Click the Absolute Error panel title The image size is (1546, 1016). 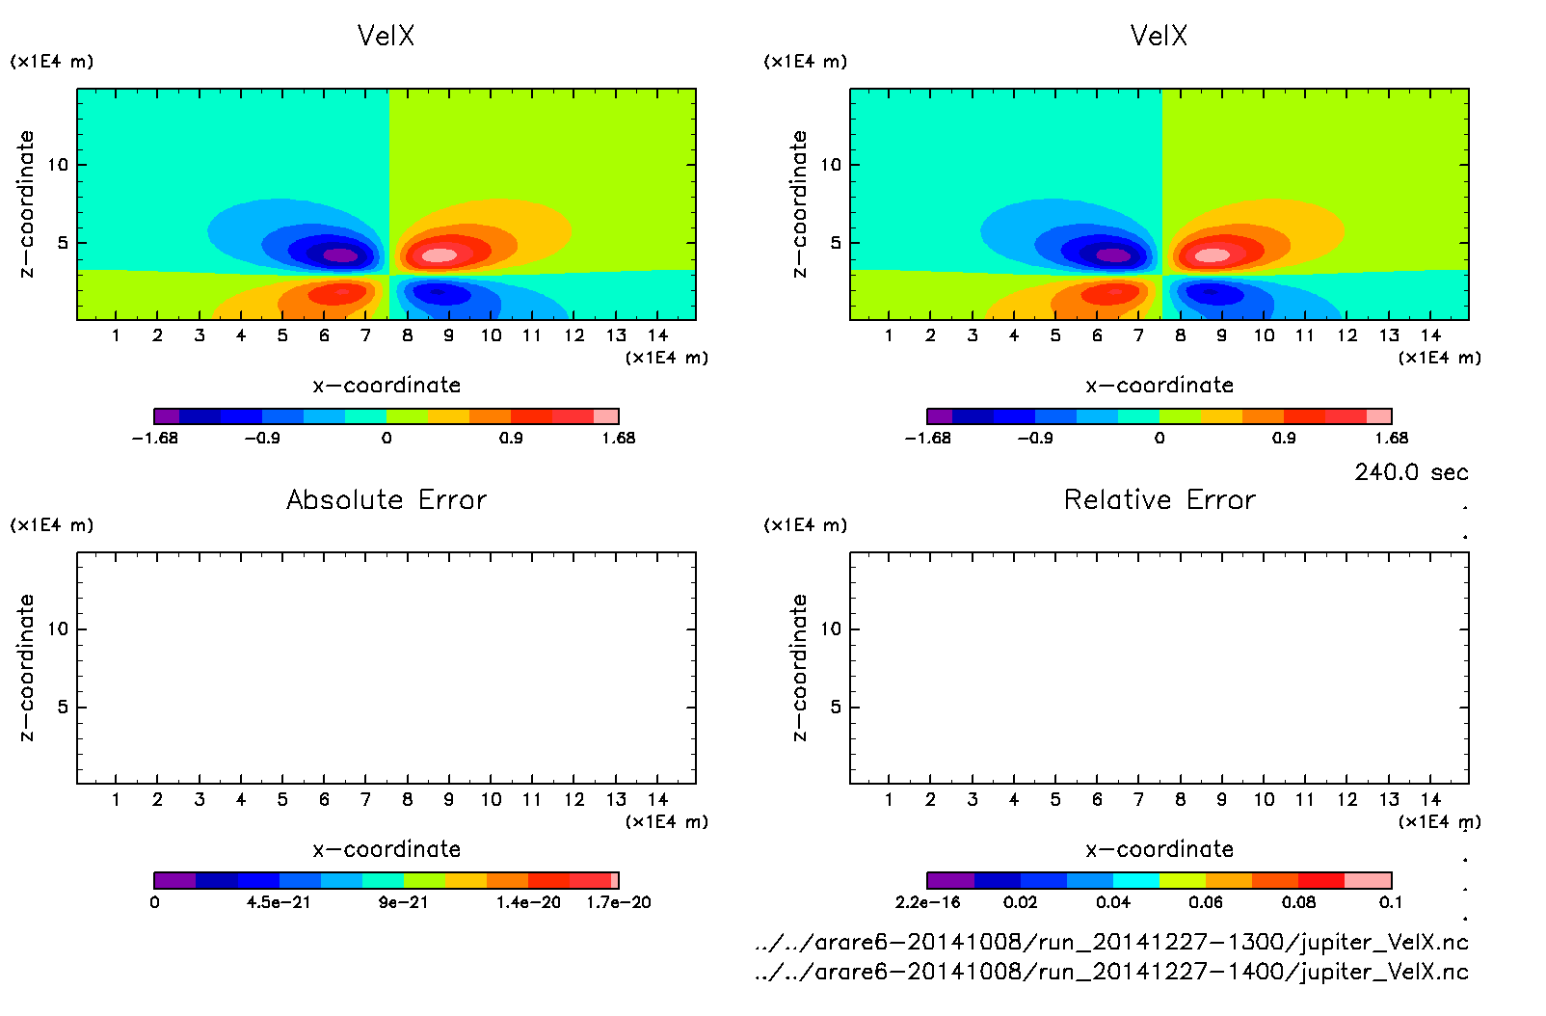coord(386,499)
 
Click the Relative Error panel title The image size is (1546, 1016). coord(1159,499)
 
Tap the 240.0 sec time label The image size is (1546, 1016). coord(1411,472)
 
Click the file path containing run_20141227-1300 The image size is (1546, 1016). coord(1111,942)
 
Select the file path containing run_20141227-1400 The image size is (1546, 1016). coord(1111,972)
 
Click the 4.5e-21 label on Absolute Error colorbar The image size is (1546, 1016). coord(279,902)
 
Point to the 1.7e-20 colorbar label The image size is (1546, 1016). coord(619,902)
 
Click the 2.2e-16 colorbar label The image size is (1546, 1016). coord(928,902)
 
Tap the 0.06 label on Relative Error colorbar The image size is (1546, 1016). coord(1206,902)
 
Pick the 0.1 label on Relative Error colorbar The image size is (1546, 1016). coord(1391,902)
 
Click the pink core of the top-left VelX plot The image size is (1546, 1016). coord(440,255)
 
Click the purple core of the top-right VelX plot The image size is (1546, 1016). coord(1113,255)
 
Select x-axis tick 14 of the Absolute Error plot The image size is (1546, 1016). coord(657,799)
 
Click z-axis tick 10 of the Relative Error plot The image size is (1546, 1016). coord(831,628)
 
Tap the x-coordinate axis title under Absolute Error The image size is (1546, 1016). coord(386,849)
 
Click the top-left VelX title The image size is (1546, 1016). coord(386,36)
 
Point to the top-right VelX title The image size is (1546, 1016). coord(1159,36)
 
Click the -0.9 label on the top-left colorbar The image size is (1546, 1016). coord(262,438)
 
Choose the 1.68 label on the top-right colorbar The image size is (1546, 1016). coord(1391,438)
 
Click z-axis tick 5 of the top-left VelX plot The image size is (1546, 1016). coord(63,243)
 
